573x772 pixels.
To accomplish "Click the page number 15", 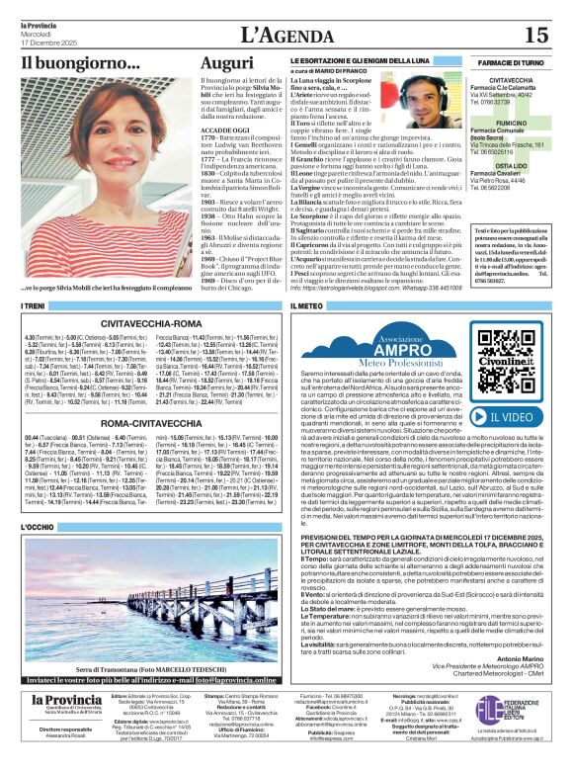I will coord(535,35).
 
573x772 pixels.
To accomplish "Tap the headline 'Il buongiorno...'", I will coord(80,63).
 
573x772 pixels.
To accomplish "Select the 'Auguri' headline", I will coord(226,63).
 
